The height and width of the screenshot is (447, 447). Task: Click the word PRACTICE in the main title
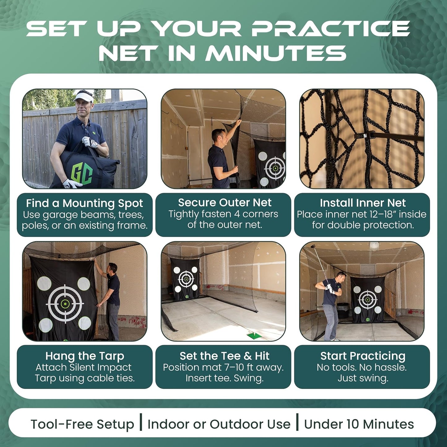pyautogui.click(x=330, y=29)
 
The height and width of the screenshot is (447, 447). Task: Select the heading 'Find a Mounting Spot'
pyautogui.click(x=84, y=203)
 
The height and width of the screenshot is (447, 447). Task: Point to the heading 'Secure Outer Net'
pyautogui.click(x=225, y=202)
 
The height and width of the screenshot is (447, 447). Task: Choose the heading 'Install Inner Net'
pyautogui.click(x=363, y=203)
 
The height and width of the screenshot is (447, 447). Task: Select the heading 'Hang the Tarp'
pyautogui.click(x=84, y=356)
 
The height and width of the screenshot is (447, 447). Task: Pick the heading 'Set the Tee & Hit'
pyautogui.click(x=225, y=356)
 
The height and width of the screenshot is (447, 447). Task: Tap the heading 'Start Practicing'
pyautogui.click(x=363, y=356)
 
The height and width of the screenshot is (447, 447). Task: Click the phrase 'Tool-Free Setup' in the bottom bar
pyautogui.click(x=82, y=424)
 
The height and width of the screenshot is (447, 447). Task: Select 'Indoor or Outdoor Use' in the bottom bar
pyautogui.click(x=219, y=424)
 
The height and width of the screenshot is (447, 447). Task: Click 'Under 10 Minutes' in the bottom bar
pyautogui.click(x=359, y=424)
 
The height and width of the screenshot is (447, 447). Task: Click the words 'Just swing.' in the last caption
pyautogui.click(x=363, y=378)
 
